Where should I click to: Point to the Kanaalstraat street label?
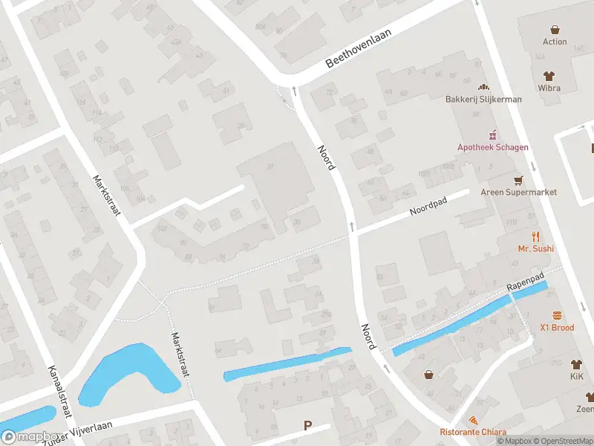(x=59, y=390)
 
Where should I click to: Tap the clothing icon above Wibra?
(x=549, y=76)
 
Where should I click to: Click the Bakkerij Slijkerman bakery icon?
(x=483, y=88)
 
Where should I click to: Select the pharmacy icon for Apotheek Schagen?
(x=492, y=135)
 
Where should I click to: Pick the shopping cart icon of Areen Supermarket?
(x=518, y=180)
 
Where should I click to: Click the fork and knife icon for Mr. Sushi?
(x=535, y=237)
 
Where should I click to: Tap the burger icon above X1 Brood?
(x=556, y=315)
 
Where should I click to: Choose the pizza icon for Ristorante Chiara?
(x=473, y=421)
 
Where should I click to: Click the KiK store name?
(x=576, y=377)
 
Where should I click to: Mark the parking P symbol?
(x=307, y=426)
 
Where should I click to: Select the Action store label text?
(x=554, y=42)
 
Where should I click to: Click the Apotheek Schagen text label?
(x=492, y=147)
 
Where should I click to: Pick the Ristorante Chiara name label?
(x=473, y=433)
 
